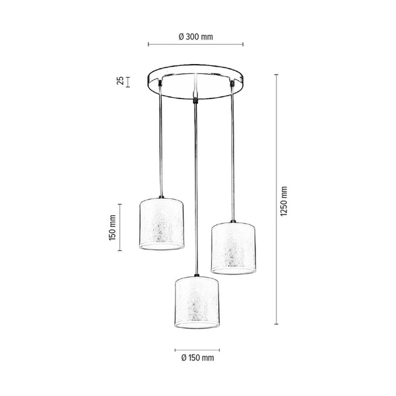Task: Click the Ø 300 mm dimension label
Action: [195, 37]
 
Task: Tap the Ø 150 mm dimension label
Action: [195, 358]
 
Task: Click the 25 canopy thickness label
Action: [120, 81]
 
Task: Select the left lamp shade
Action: [163, 222]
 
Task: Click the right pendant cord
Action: [232, 152]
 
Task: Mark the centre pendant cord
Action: [195, 185]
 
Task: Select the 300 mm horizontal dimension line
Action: [195, 46]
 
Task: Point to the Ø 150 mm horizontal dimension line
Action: [196, 349]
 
